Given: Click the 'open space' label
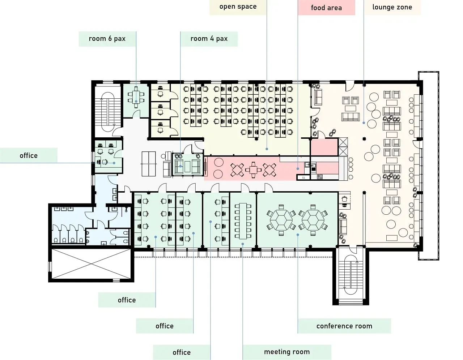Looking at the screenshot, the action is coord(238,7).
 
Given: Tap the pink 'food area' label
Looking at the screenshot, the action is coord(326,8).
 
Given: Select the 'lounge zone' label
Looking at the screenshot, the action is coord(392,7).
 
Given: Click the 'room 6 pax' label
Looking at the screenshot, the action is coord(107,39).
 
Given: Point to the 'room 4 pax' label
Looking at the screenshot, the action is coord(209,39).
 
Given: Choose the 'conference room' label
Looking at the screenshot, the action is coord(344,326).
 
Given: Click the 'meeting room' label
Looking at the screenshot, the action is coord(287,352).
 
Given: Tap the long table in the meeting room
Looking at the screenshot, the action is coord(243,221).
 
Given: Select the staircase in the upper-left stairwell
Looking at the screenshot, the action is coord(108,112).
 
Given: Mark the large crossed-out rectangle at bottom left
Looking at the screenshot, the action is coord(91,264).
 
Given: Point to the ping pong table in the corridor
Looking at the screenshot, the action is coord(149,164).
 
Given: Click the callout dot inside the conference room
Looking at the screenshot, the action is coord(298,235).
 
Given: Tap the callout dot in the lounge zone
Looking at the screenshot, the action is coord(364,123).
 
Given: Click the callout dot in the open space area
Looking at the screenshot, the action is coord(267,149).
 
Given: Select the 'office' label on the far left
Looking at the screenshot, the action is coord(29,156).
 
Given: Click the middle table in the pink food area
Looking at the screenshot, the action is coord(253,170).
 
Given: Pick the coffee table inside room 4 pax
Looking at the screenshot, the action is coord(187,167).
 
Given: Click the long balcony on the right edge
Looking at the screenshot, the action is coord(429,166).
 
